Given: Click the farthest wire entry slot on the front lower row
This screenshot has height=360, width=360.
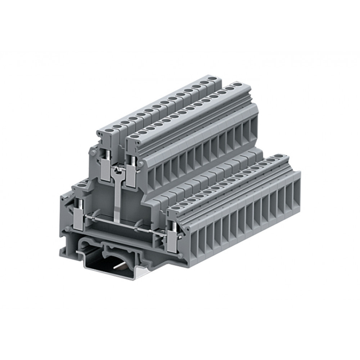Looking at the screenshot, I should [x=296, y=189].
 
